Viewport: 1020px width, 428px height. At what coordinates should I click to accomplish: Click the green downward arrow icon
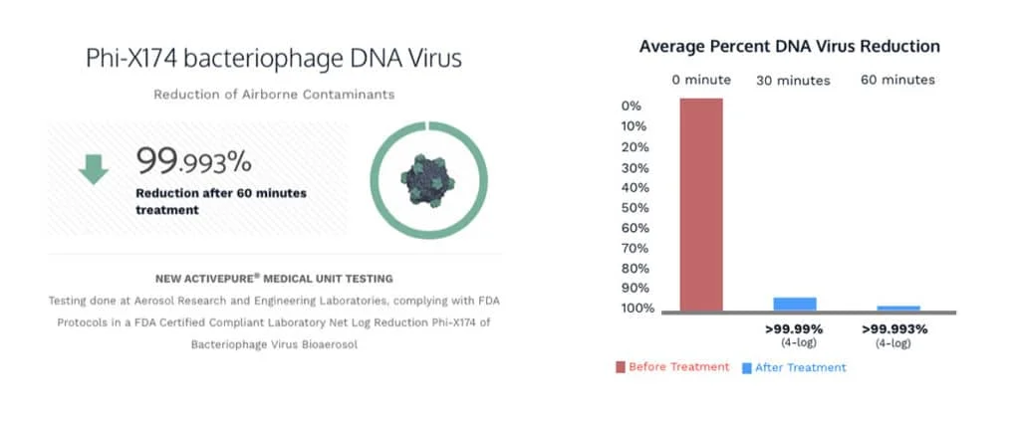click(94, 169)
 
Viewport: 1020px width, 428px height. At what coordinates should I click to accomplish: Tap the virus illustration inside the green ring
click(428, 180)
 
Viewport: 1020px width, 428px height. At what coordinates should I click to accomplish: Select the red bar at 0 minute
click(701, 204)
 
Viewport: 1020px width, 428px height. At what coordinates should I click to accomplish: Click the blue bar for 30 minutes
click(795, 304)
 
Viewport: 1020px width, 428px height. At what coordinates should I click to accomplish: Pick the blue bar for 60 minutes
click(898, 309)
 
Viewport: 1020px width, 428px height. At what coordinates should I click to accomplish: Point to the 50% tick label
click(635, 208)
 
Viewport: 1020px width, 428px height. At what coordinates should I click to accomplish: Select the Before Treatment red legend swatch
click(621, 367)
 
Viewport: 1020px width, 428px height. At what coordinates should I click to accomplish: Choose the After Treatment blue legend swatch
click(747, 367)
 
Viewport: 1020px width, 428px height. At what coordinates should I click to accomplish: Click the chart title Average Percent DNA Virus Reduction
click(789, 47)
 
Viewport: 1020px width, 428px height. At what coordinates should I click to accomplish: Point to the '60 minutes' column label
click(897, 80)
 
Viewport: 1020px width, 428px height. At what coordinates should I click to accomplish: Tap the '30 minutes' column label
click(794, 81)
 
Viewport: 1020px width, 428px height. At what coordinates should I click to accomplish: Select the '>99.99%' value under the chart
click(794, 328)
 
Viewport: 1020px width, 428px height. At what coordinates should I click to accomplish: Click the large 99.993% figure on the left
click(193, 160)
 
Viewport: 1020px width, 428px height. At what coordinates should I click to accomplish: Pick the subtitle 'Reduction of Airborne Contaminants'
click(274, 95)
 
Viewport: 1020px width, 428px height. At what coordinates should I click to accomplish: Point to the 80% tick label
click(635, 269)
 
